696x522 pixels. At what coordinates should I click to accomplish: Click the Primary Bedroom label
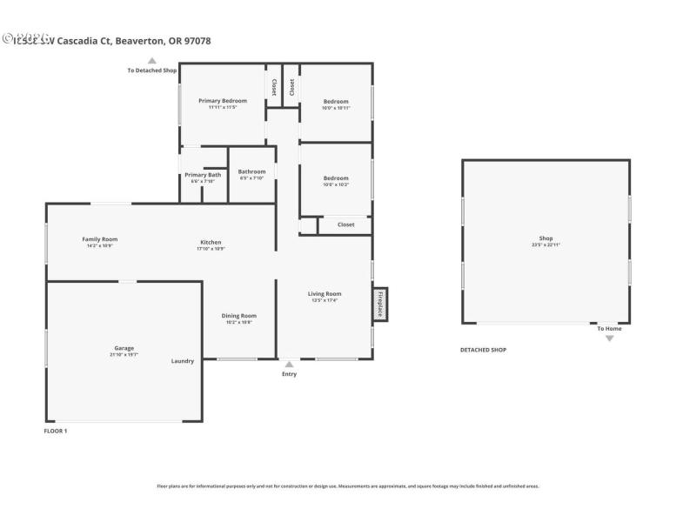pyautogui.click(x=222, y=101)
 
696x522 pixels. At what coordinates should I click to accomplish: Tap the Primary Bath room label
pyautogui.click(x=203, y=175)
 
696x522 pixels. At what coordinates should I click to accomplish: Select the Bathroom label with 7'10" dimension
pyautogui.click(x=251, y=171)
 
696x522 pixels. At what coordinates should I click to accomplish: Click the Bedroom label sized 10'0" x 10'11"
pyautogui.click(x=336, y=102)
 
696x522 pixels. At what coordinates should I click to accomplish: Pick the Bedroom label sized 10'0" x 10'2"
pyautogui.click(x=336, y=178)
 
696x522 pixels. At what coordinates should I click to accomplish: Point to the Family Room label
pyautogui.click(x=100, y=239)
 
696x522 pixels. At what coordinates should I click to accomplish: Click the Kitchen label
pyautogui.click(x=211, y=243)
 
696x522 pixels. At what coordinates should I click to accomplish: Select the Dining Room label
pyautogui.click(x=238, y=316)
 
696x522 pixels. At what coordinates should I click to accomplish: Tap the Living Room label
pyautogui.click(x=325, y=294)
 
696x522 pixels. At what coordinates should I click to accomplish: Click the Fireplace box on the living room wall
pyautogui.click(x=380, y=304)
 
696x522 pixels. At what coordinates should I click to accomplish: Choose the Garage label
pyautogui.click(x=124, y=348)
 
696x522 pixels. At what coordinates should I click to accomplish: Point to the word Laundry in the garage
pyautogui.click(x=183, y=361)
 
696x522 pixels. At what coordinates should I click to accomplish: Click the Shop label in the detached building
pyautogui.click(x=545, y=238)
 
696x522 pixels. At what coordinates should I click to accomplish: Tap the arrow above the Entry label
pyautogui.click(x=289, y=364)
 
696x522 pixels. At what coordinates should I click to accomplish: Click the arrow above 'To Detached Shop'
pyautogui.click(x=152, y=61)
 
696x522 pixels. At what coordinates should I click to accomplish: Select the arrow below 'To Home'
pyautogui.click(x=609, y=338)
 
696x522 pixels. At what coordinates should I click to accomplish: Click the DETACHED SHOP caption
pyautogui.click(x=483, y=350)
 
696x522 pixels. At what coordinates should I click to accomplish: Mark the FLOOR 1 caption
pyautogui.click(x=56, y=431)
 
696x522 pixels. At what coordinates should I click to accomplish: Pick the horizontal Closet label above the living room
pyautogui.click(x=345, y=224)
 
